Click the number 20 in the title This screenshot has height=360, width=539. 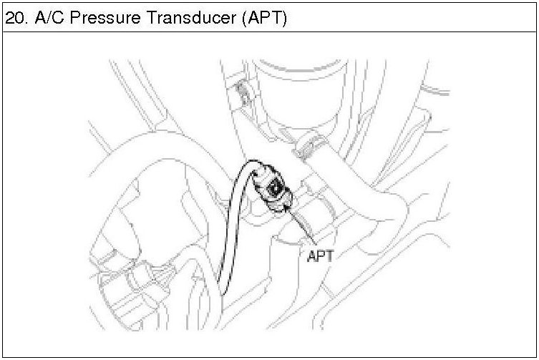point(14,18)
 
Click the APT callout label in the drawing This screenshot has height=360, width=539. point(319,255)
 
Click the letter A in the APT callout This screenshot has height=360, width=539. point(311,255)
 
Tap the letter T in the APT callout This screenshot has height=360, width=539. point(329,255)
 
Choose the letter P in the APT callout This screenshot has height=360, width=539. point(320,255)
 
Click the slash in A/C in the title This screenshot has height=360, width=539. point(49,18)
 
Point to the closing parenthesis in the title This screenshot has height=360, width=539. point(284,18)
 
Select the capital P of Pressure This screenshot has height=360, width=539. point(74,18)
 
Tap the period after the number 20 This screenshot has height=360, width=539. point(26,22)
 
